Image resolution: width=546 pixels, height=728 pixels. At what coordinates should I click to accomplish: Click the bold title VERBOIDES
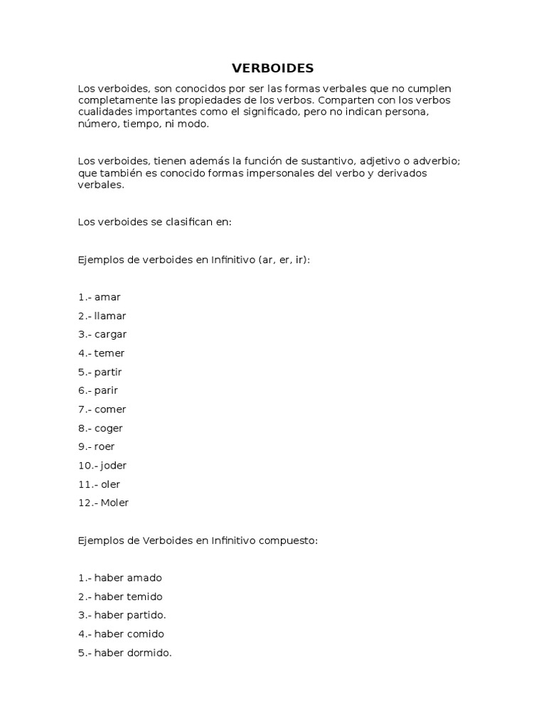272,68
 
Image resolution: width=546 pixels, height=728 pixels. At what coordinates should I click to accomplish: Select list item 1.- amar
99,297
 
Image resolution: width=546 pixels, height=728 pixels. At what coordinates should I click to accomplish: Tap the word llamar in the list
110,316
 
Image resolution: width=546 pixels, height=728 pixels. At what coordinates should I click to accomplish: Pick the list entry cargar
110,335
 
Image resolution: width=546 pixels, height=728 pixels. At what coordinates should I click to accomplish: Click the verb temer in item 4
109,353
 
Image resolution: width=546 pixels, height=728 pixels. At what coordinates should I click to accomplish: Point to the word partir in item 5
108,372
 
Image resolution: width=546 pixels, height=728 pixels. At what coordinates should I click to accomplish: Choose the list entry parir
106,390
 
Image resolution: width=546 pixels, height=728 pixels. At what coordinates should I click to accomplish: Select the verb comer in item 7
110,409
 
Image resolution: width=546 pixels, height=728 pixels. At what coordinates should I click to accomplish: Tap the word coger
109,428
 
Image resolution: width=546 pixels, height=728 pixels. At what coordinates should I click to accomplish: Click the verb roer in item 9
105,446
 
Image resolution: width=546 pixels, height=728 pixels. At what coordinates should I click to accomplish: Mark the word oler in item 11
110,484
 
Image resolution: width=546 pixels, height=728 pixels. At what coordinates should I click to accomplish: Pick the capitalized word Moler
114,503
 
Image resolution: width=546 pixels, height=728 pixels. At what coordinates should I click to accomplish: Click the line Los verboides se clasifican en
154,222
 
